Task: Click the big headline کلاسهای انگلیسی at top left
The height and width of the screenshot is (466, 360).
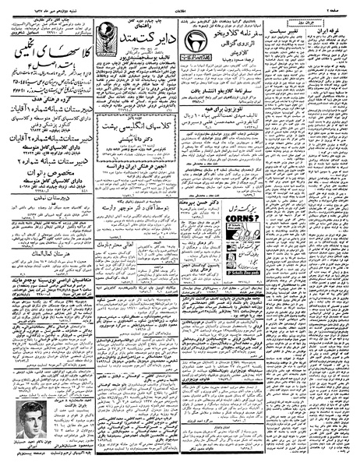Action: click(x=48, y=54)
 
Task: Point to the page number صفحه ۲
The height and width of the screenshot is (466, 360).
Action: click(x=342, y=6)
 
